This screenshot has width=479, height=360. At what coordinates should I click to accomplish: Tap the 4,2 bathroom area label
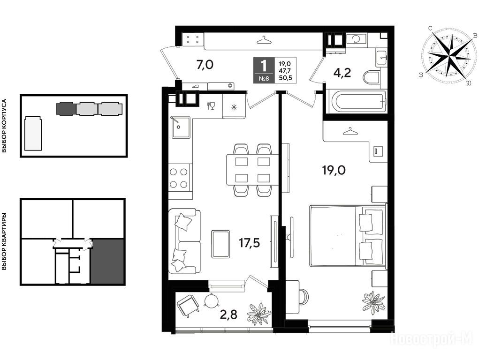[x=342, y=73]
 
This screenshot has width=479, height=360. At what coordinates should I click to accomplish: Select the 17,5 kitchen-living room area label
[x=249, y=243]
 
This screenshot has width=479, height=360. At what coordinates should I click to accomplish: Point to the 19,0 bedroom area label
[x=334, y=170]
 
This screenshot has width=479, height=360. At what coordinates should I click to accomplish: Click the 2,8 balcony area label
[x=229, y=314]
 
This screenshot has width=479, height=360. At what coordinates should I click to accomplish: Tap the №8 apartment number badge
[x=264, y=78]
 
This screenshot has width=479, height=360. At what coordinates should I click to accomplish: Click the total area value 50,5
[x=285, y=78]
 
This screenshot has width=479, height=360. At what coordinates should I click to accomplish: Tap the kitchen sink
[x=181, y=127]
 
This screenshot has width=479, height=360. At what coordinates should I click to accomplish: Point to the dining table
[x=252, y=170]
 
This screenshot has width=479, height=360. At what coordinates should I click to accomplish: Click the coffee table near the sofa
[x=220, y=244]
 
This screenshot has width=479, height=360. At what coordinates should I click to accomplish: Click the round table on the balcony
[x=212, y=301]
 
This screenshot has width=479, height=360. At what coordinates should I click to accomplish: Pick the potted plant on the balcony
[x=259, y=314]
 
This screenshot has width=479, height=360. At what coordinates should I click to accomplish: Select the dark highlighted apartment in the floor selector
[x=107, y=262]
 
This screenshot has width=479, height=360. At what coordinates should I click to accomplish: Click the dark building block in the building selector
[x=66, y=109]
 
